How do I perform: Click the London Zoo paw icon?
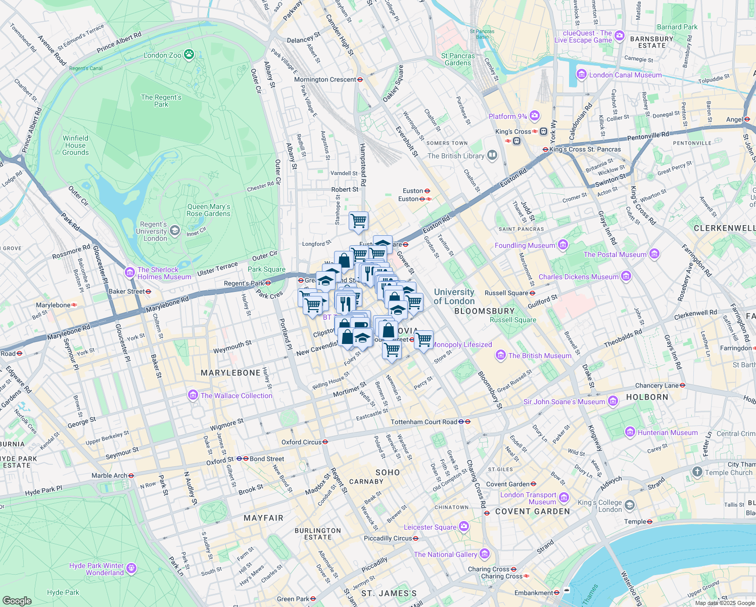(x=189, y=54)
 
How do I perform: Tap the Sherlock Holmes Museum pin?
(x=130, y=273)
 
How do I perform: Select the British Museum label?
(x=540, y=356)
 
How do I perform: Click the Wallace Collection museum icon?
(x=193, y=395)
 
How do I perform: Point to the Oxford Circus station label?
(x=301, y=442)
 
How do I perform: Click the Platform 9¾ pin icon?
(x=535, y=116)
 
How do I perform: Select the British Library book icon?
(x=492, y=155)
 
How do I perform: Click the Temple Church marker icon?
(x=697, y=472)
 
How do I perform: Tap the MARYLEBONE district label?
(x=230, y=373)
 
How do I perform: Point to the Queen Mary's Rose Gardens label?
(x=208, y=210)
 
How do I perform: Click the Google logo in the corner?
(x=17, y=600)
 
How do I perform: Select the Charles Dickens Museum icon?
(x=626, y=276)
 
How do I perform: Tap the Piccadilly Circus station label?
(x=388, y=538)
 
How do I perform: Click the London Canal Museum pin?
(x=582, y=75)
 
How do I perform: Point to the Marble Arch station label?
(x=109, y=475)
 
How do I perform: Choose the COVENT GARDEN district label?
(x=533, y=511)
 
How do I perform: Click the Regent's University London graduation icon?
(x=175, y=231)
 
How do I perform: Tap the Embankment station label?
(x=534, y=593)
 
